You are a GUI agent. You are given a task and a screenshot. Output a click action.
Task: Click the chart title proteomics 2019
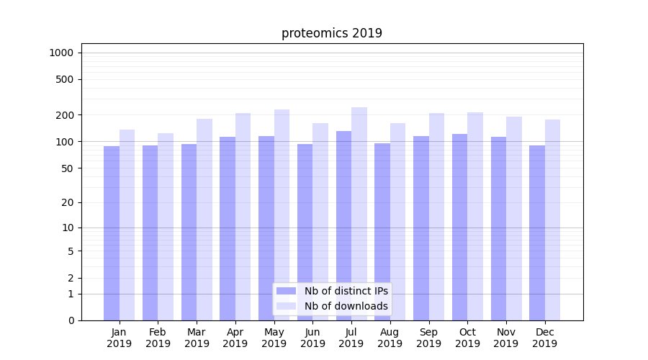(331, 33)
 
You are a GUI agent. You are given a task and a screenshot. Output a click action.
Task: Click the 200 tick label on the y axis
(64, 115)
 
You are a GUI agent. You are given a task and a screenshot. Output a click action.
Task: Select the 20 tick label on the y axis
(67, 202)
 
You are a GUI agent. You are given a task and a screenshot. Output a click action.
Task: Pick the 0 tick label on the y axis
(70, 320)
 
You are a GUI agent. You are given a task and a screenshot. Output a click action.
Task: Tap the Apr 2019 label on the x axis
(235, 338)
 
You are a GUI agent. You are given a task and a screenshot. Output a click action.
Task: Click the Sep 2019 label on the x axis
(428, 338)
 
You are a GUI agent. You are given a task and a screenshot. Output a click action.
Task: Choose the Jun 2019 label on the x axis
(312, 338)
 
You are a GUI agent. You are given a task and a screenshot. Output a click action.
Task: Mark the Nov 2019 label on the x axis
(506, 338)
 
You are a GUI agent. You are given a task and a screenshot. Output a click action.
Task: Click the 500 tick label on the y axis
(64, 79)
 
